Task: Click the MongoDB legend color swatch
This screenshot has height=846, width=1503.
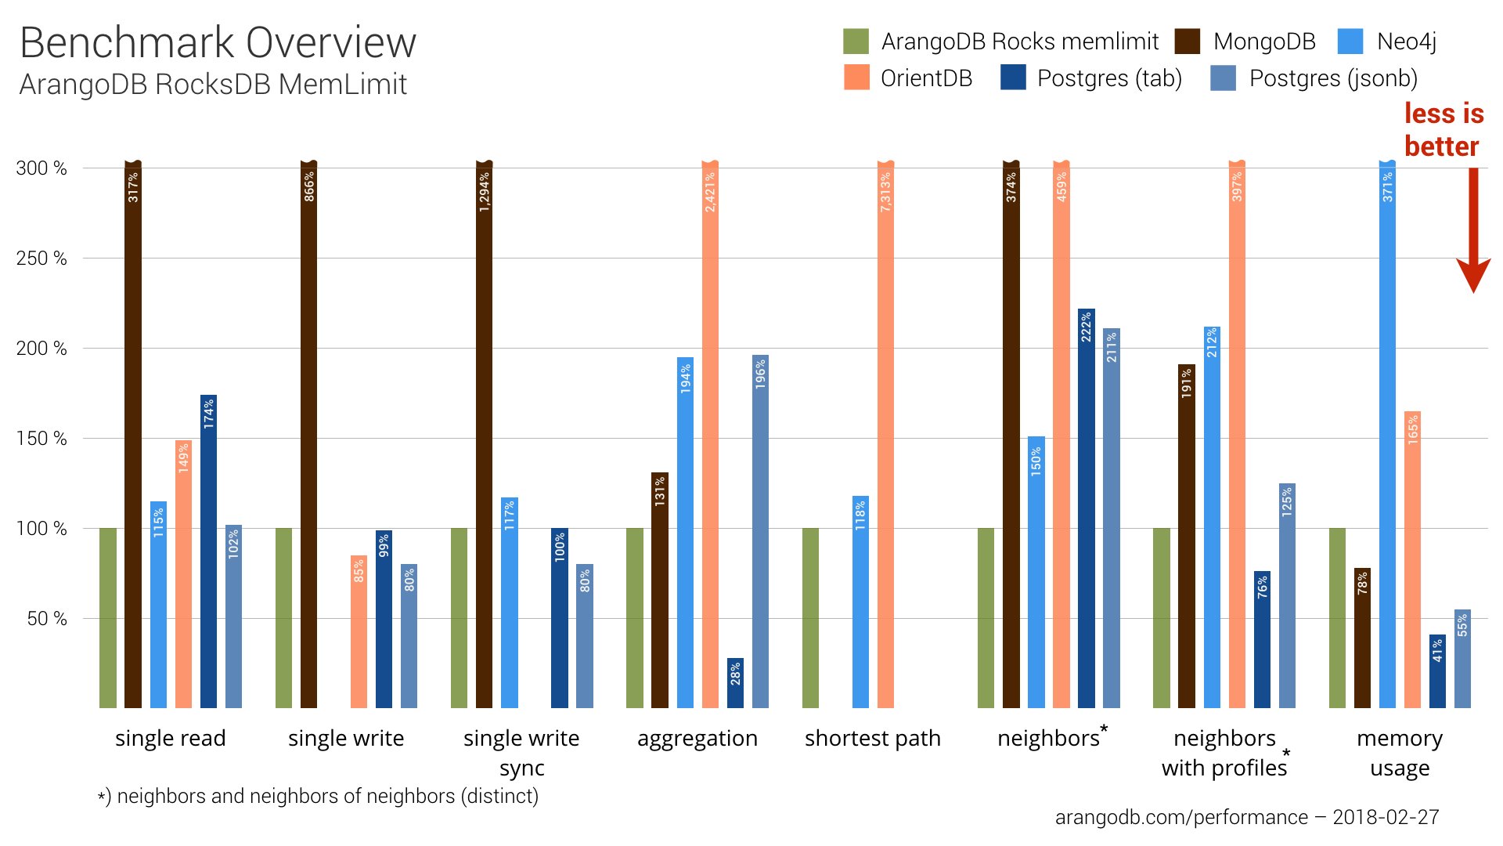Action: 1188,42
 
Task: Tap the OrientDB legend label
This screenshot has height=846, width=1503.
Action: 926,78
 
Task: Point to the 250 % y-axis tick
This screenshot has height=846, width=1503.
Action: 41,258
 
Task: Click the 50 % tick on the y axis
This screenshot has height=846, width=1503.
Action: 46,619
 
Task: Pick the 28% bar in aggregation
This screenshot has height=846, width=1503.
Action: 735,683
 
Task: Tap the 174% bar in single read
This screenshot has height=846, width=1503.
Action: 208,551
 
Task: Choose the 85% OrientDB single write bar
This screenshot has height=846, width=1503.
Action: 359,631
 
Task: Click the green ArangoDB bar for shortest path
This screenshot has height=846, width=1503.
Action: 810,618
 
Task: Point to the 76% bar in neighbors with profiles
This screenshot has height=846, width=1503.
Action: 1262,639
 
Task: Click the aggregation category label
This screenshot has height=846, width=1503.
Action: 697,739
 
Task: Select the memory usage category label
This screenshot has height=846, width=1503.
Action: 1399,753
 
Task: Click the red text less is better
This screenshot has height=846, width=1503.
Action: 1443,130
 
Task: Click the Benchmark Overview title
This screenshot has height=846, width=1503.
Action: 218,43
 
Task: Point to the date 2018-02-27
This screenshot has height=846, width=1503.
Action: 1386,817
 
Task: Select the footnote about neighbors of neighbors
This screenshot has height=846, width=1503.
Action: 319,797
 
